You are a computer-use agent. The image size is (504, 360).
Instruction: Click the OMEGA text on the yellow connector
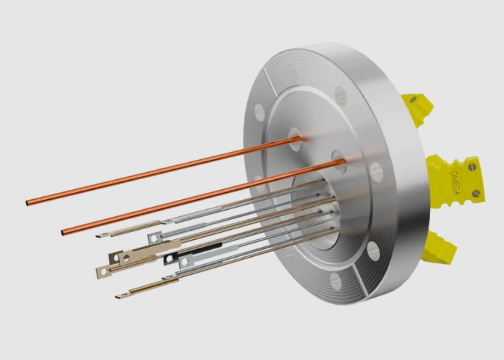455,182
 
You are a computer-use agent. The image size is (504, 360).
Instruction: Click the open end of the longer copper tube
27,203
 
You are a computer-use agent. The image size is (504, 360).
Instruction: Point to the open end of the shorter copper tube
63,233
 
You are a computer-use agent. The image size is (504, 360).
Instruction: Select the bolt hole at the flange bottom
336,281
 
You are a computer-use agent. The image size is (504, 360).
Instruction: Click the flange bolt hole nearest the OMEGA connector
376,172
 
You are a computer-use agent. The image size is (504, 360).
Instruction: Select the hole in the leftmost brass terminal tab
104,272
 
